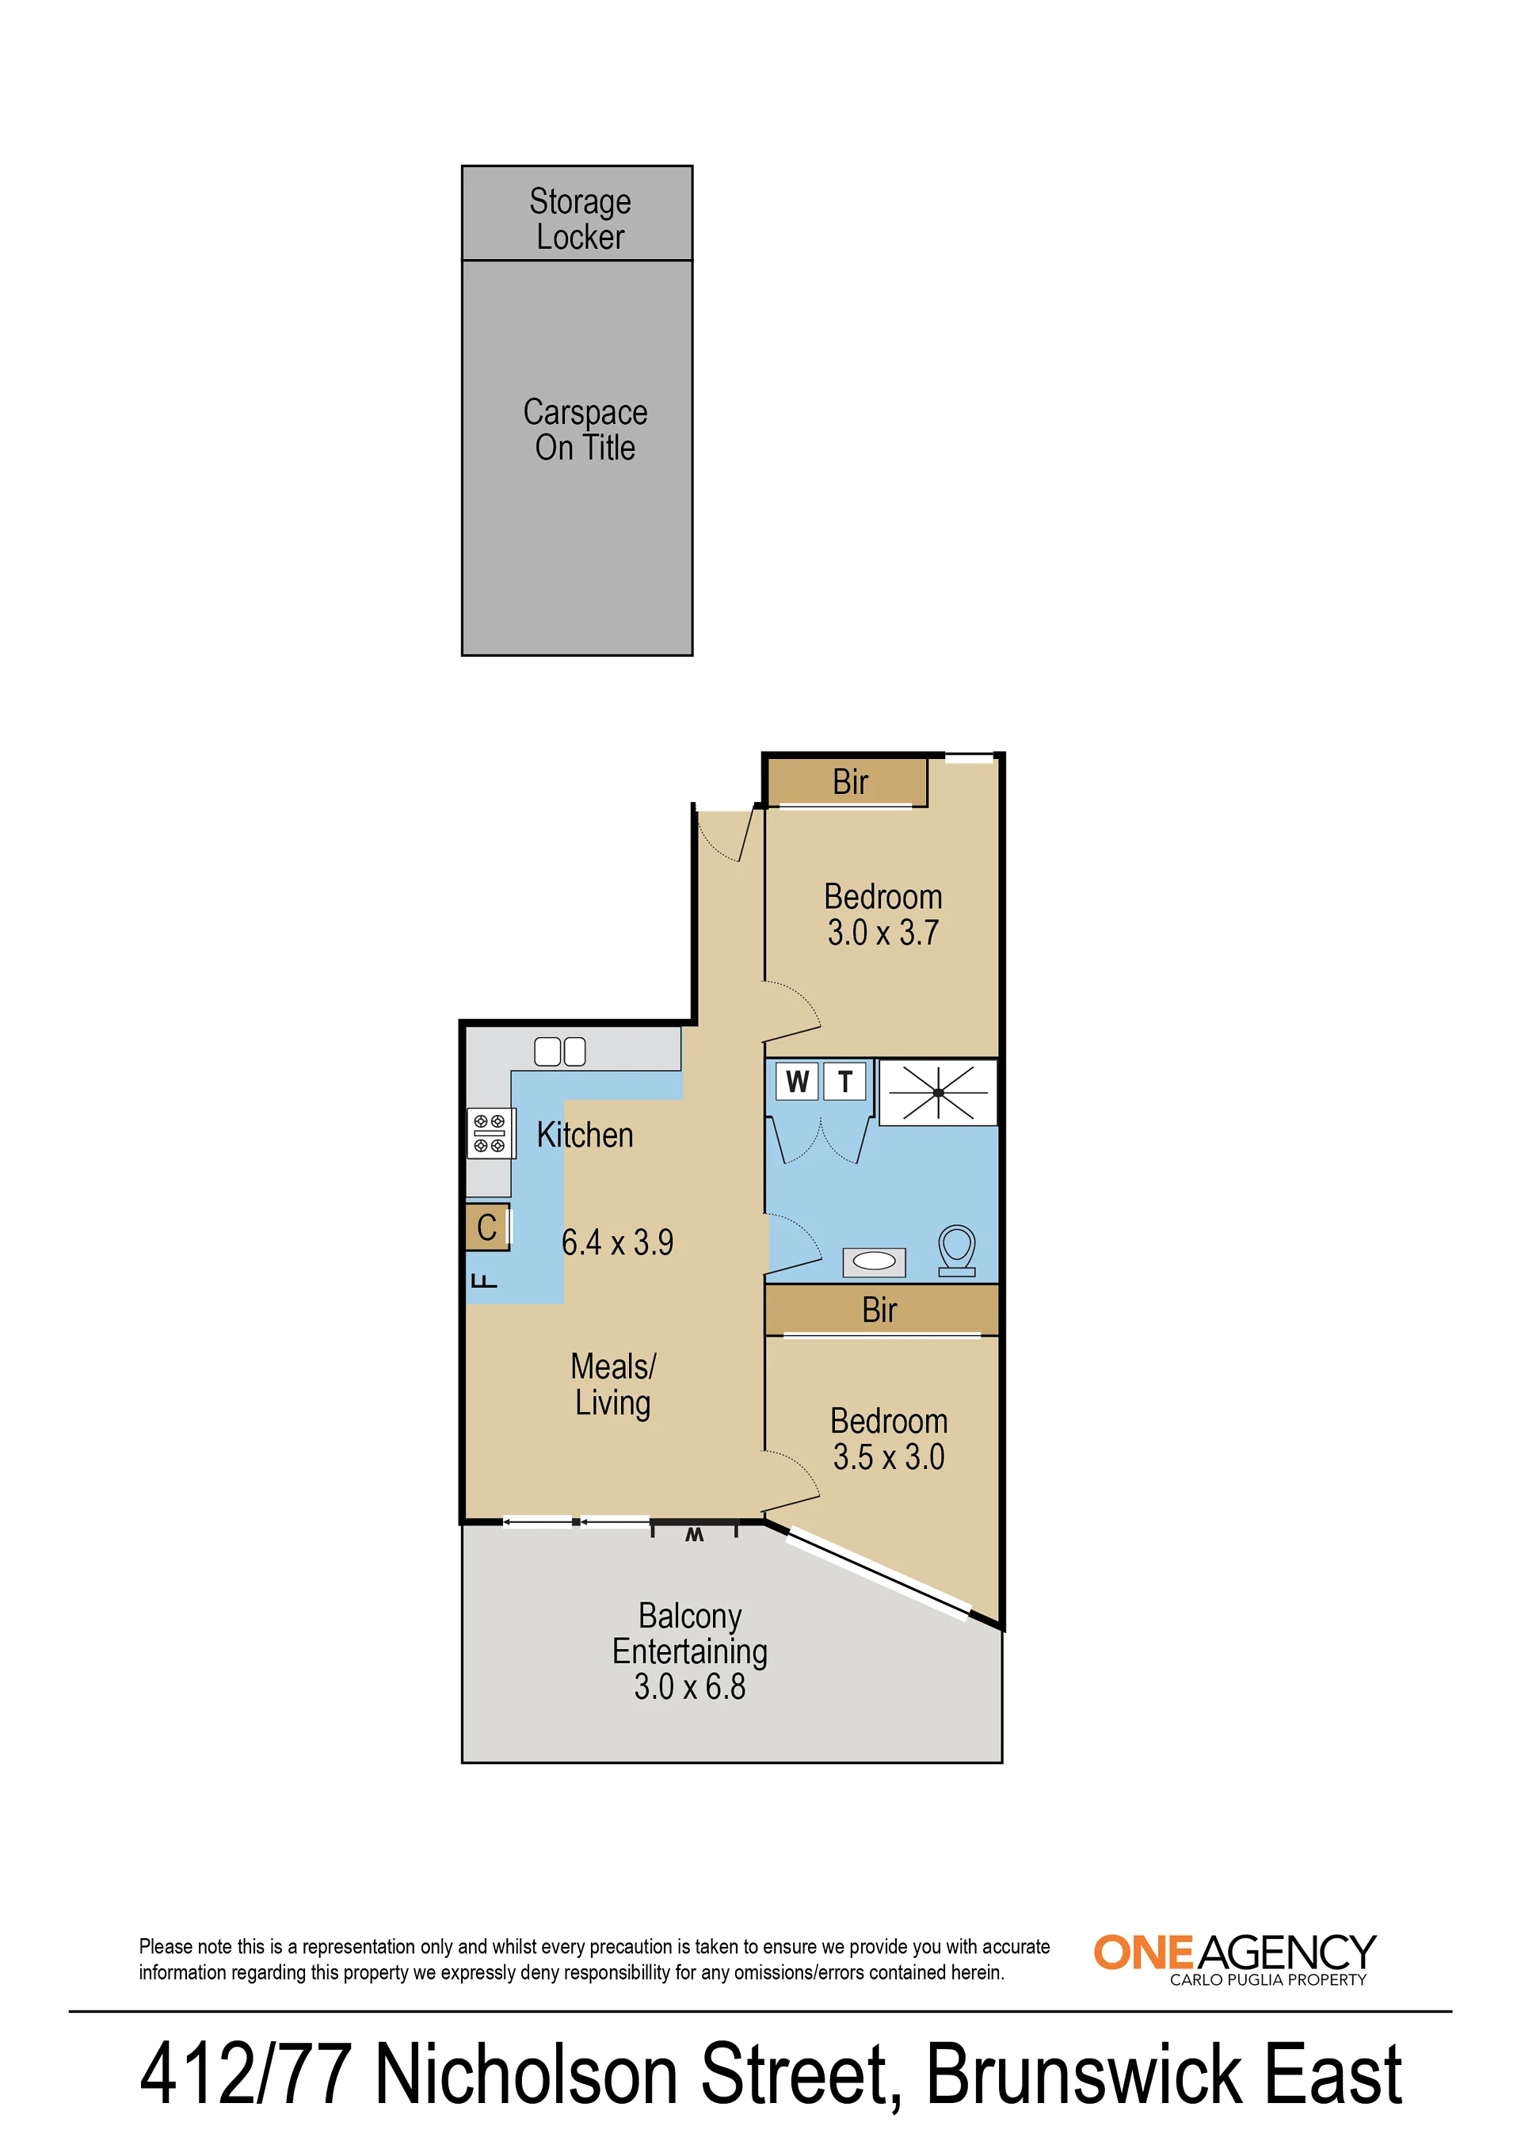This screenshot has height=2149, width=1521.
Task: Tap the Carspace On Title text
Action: tap(585, 430)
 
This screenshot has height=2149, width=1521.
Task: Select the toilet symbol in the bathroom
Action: tap(956, 1250)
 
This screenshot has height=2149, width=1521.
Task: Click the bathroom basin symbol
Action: tap(874, 1262)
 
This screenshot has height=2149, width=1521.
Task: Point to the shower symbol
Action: tap(937, 1092)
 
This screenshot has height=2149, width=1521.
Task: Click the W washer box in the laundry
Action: tap(797, 1081)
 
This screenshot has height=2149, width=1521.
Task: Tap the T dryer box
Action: tap(844, 1081)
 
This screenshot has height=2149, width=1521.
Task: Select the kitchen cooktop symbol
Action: tap(490, 1133)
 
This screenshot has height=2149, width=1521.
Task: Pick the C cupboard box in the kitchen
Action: tap(488, 1227)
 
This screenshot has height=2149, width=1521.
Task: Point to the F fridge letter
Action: tap(484, 1281)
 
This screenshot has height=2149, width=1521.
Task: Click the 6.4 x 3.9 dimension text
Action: tap(617, 1242)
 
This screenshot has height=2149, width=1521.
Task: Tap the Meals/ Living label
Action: tap(613, 1384)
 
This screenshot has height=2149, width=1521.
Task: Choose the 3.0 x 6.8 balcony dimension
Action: tap(690, 1687)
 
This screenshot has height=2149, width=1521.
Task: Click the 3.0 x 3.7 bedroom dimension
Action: tap(883, 933)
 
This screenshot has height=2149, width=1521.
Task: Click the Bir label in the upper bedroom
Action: tap(850, 782)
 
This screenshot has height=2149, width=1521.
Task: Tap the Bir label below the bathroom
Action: tap(879, 1310)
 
